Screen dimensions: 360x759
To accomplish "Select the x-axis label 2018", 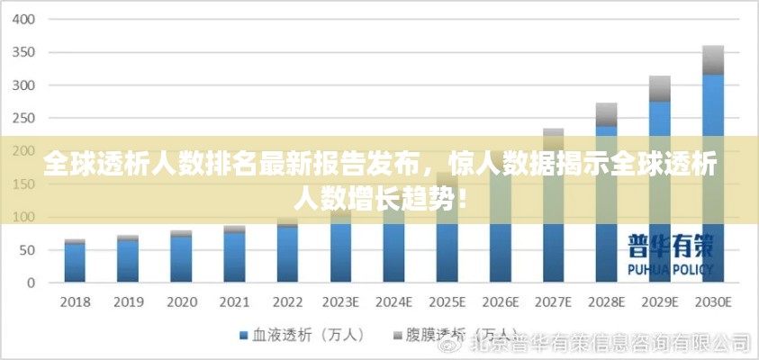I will coord(75,301).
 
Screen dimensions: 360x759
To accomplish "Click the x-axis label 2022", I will coord(288,301).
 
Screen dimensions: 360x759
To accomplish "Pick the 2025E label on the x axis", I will coord(447,301).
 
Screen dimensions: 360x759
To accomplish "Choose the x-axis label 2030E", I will coord(713,301).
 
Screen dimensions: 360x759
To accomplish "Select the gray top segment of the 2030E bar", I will coord(713,59).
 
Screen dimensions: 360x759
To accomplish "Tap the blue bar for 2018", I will coord(76,263).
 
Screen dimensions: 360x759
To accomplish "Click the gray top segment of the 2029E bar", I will coord(660,88).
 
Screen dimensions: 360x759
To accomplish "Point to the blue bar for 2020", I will coord(182,259).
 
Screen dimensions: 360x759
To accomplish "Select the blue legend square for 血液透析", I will coord(243,335).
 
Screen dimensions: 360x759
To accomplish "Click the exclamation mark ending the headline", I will coord(463,193).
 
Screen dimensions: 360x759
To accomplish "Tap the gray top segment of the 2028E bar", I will coord(607,114).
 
